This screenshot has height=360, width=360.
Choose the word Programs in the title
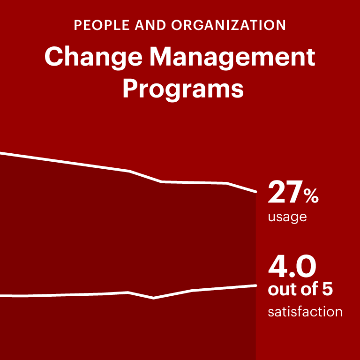[x=183, y=89]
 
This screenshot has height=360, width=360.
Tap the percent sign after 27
[x=311, y=197]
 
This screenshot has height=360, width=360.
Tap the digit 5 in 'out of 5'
[x=327, y=290]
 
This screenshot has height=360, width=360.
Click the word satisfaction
[x=305, y=312]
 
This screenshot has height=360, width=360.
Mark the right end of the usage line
[x=255, y=192]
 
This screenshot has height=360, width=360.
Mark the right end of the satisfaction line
[x=255, y=285]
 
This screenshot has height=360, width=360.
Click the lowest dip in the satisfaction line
[x=154, y=298]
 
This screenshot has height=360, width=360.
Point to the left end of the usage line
[x=1, y=153]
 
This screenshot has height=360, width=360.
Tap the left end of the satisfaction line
[x=1, y=296]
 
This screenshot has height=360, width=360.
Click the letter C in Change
[x=53, y=57]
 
